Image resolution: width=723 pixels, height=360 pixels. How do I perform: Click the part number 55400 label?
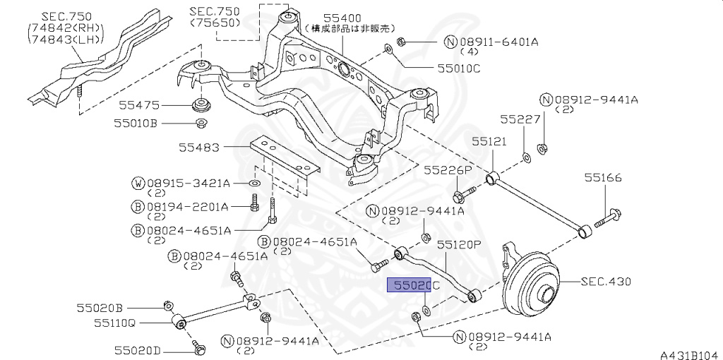point(342,17)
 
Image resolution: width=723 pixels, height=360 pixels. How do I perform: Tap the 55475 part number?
point(139,105)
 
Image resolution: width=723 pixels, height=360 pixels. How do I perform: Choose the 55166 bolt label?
point(602,178)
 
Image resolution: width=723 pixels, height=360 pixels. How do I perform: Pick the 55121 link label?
point(489,141)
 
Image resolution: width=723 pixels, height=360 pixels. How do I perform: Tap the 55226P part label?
point(447,170)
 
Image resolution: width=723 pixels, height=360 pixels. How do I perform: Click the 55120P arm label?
point(458,245)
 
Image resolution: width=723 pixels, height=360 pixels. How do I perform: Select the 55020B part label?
point(100,308)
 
